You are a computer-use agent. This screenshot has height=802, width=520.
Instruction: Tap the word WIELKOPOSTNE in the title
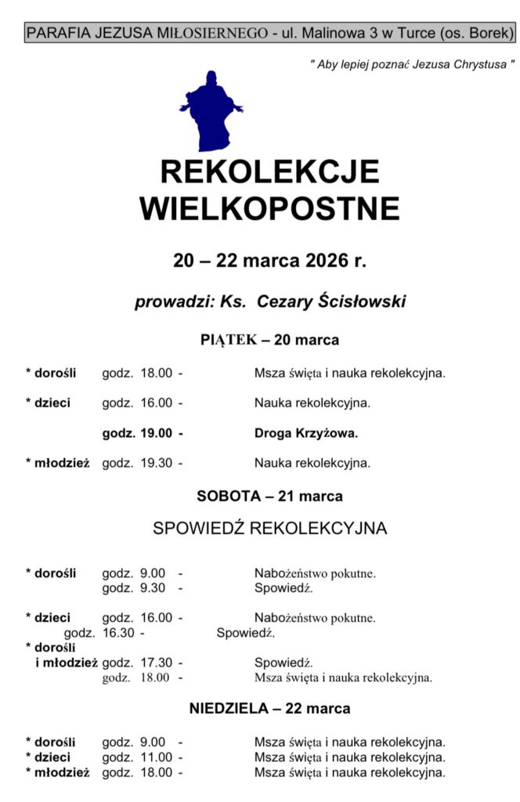(x=269, y=208)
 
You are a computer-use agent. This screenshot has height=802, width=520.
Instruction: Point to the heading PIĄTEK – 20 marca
(x=269, y=340)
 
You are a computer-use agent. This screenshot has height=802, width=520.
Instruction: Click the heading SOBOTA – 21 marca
(x=269, y=496)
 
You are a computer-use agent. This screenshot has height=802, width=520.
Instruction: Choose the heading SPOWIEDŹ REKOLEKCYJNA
(x=269, y=529)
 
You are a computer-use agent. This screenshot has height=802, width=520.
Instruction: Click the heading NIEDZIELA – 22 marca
(x=269, y=709)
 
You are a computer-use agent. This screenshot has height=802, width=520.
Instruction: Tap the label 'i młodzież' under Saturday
(x=67, y=663)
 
